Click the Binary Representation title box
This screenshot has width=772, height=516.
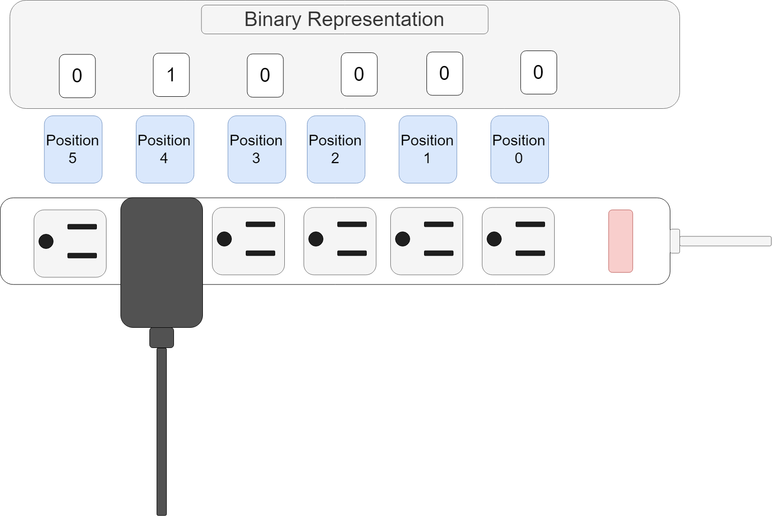344,20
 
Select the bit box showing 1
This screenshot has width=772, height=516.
171,75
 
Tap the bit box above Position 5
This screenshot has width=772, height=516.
77,76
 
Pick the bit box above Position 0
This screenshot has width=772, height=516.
538,73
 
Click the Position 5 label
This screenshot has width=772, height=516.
73,149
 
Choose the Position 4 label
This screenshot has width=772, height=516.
165,149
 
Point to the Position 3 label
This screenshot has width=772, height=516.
256,149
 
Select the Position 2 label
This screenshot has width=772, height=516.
335,149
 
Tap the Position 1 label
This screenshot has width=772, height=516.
427,149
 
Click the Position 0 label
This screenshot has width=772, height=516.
519,149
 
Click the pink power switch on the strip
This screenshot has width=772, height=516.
620,241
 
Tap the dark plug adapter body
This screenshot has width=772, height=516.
161,262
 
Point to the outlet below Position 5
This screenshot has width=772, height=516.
70,243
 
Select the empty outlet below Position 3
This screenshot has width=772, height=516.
248,241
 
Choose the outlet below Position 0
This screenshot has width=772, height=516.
518,241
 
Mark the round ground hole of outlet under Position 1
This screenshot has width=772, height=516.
402,239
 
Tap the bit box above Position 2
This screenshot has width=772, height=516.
359,74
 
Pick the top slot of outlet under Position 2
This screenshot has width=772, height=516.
352,224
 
